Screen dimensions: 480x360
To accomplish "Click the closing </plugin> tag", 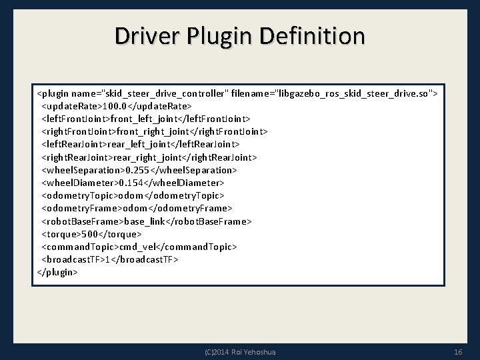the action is click(57, 272).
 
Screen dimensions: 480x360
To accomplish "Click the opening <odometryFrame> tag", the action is click(79, 208).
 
